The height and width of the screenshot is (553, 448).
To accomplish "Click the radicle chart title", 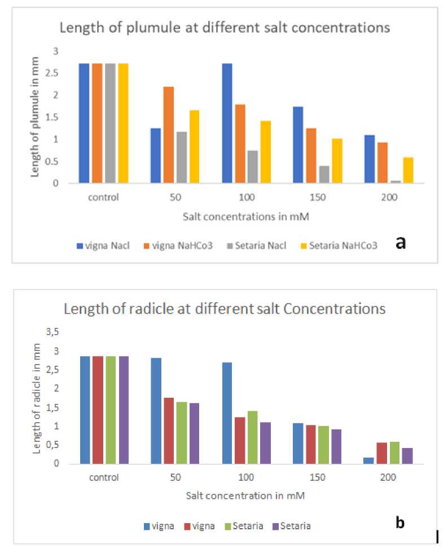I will pyautogui.click(x=225, y=309).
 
